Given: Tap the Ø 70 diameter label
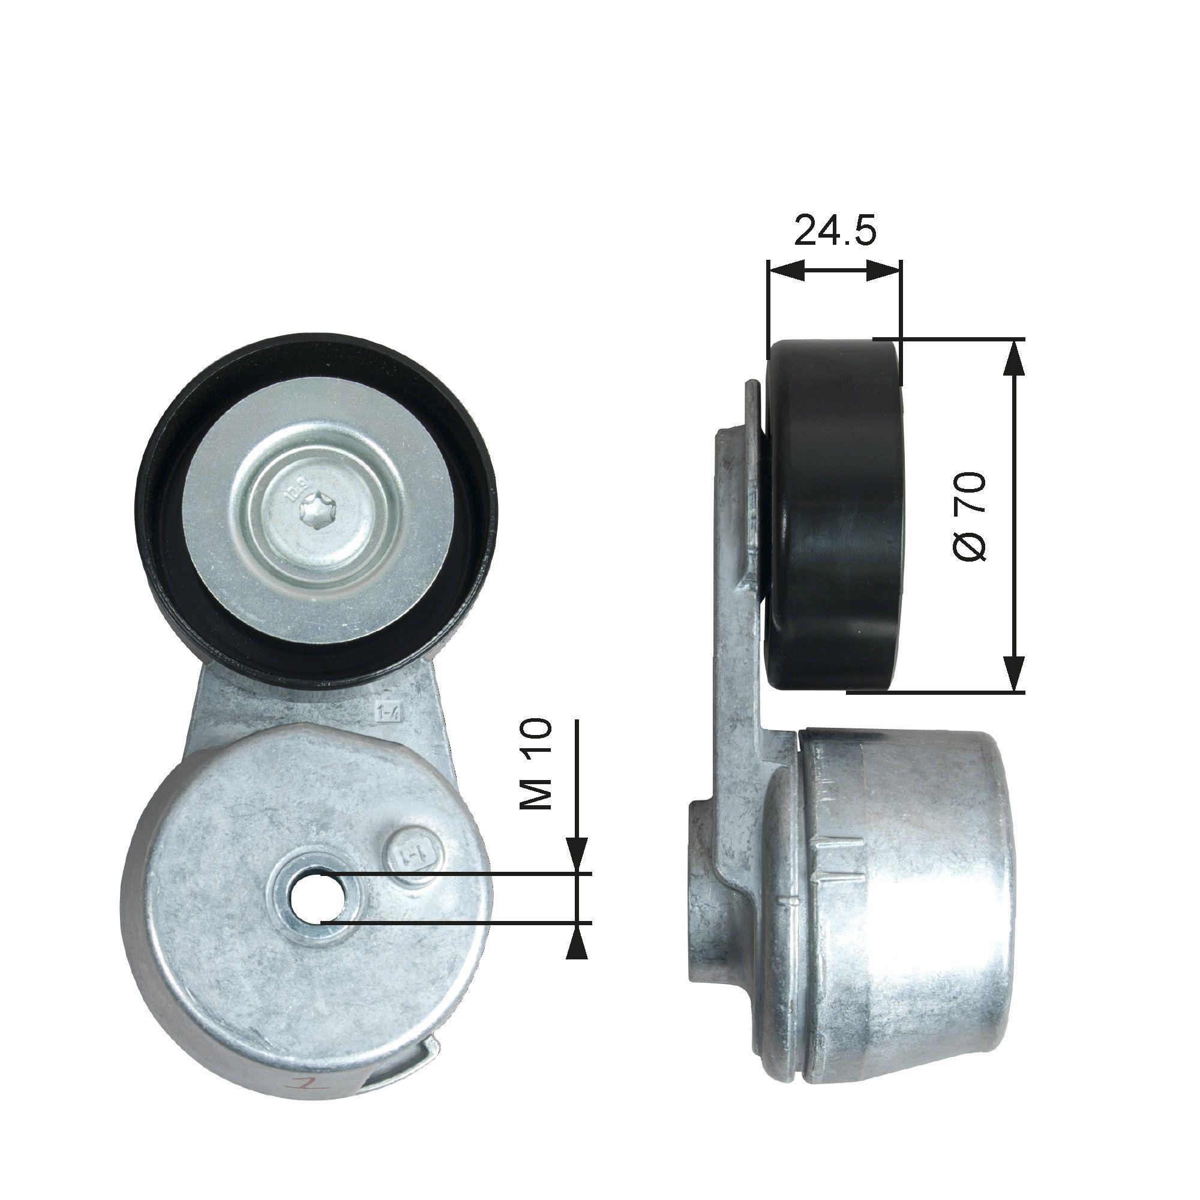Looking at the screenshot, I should click(969, 517).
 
